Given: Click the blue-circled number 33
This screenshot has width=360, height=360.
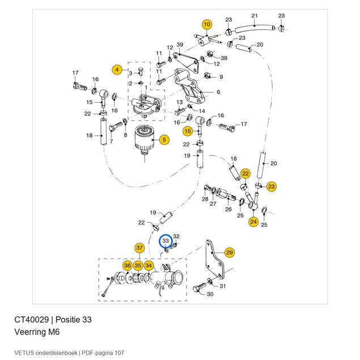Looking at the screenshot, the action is [x=166, y=240].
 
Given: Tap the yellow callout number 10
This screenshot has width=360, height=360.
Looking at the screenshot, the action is [x=207, y=24].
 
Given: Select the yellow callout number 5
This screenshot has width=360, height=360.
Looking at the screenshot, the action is [x=164, y=139].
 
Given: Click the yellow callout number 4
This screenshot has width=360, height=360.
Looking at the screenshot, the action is [x=117, y=69].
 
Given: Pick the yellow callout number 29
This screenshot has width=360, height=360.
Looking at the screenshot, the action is [x=230, y=252].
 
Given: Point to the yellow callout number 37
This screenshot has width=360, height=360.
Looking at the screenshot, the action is [x=139, y=248].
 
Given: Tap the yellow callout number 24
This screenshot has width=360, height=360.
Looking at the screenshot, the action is [x=253, y=222].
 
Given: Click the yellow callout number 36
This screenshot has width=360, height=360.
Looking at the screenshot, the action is [x=128, y=266].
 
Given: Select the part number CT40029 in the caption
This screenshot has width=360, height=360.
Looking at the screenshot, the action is [x=31, y=319].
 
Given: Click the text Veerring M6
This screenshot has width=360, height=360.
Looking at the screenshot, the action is [x=37, y=332].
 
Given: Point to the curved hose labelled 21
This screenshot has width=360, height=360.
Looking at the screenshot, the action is [x=255, y=28].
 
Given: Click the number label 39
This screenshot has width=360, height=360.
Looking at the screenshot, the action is [x=180, y=45].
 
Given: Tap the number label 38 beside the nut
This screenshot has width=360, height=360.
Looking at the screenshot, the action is [x=224, y=58].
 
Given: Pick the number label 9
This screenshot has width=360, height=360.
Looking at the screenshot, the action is [x=221, y=77].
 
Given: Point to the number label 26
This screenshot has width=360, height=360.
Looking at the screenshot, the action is [x=228, y=209].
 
